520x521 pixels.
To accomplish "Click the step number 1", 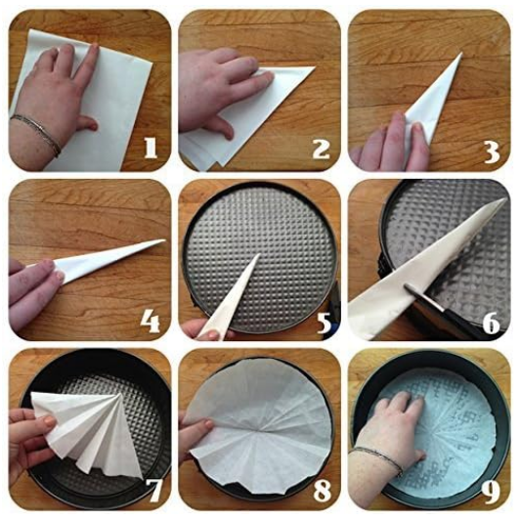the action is tap(151, 149).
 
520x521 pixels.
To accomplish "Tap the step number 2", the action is tap(321, 149).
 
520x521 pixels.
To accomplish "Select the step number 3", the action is tap(492, 152).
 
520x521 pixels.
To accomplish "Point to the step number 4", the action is tap(151, 322).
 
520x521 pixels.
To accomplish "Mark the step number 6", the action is tap(492, 323).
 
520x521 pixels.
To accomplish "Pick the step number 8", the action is tap(323, 491).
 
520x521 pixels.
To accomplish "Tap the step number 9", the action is tap(491, 493).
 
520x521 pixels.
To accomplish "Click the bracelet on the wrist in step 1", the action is tap(36, 133).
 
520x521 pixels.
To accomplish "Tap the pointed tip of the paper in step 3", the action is tap(462, 53).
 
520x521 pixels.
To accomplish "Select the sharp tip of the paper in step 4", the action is tap(164, 240).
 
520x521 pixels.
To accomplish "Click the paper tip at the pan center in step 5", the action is tap(259, 254).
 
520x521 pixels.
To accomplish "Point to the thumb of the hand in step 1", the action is tap(87, 124).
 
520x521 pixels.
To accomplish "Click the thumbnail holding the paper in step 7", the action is tap(50, 421).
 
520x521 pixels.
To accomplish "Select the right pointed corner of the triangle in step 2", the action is tap(314, 67).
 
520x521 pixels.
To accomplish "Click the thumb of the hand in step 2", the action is tap(223, 126).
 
